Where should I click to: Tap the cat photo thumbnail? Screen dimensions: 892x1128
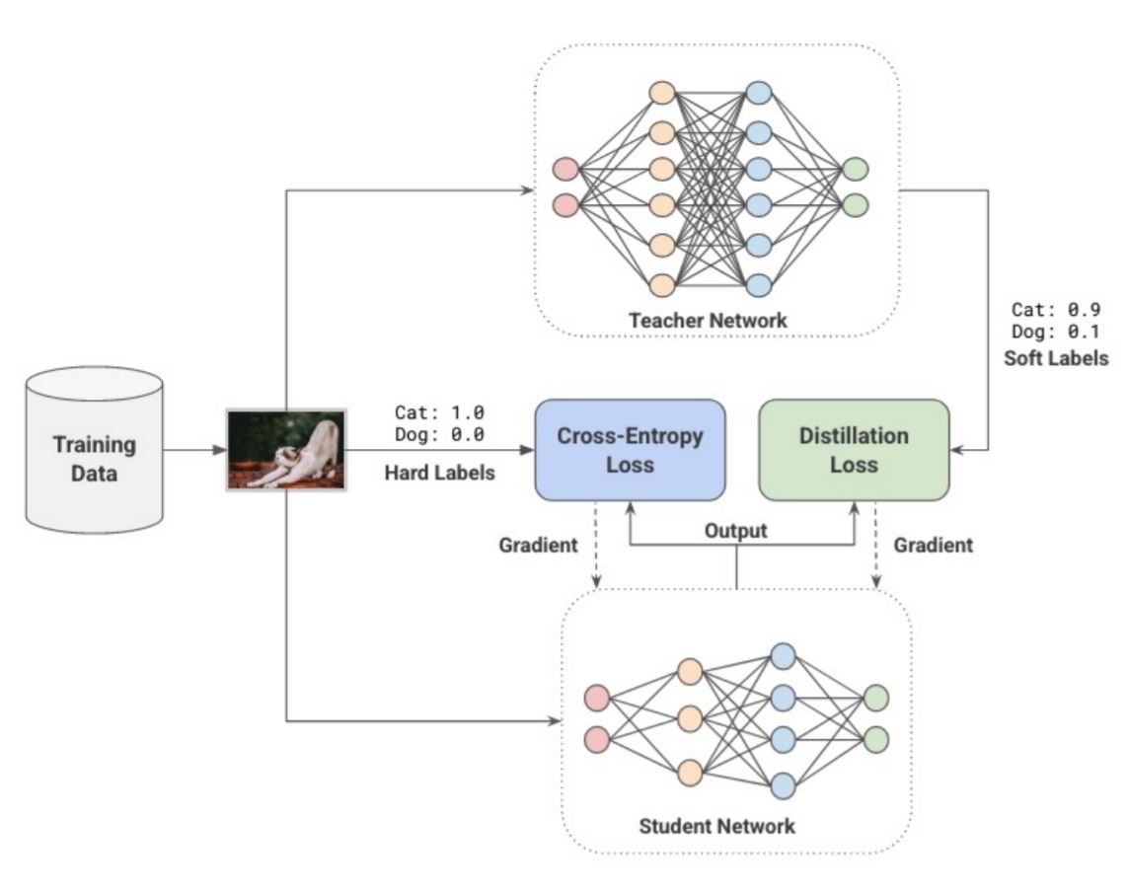[x=286, y=449]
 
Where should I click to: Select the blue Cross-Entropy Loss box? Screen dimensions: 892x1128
[x=630, y=449]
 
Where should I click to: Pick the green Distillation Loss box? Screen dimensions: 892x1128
[x=854, y=449]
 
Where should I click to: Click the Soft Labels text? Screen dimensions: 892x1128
[x=1056, y=357]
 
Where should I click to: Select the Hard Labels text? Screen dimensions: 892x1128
[x=439, y=473]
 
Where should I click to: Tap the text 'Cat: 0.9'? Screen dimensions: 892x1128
[x=1056, y=310]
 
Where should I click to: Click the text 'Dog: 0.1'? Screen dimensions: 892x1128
[x=1056, y=332]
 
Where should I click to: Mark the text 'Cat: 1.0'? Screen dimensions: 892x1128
[x=438, y=411]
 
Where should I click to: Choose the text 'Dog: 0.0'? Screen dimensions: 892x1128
[x=438, y=434]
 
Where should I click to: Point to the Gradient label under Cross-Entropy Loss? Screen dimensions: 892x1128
[x=537, y=545]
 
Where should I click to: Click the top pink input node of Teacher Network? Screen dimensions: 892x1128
[x=566, y=169]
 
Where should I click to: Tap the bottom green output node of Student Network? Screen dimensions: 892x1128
[x=875, y=738]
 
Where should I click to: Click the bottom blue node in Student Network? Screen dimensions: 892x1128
[x=783, y=785]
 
